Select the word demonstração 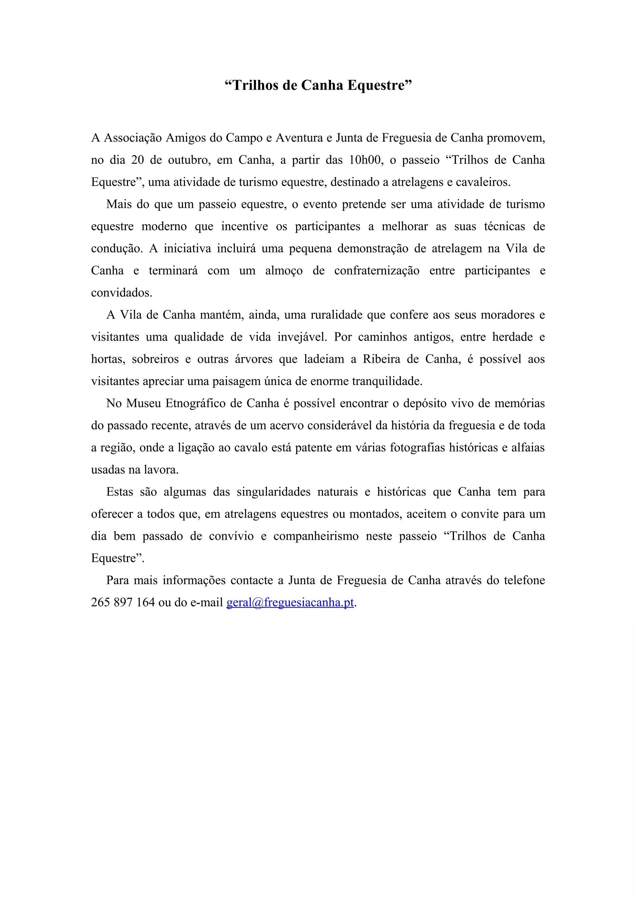point(374,248)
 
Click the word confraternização point(377,271)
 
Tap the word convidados point(121,293)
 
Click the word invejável point(302,337)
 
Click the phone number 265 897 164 point(123,602)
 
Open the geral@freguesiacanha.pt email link point(290,602)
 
